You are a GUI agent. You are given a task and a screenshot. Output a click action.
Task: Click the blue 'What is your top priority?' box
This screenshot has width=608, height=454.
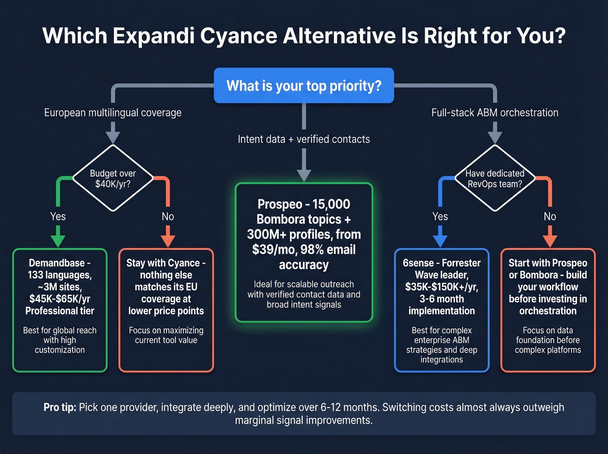304,86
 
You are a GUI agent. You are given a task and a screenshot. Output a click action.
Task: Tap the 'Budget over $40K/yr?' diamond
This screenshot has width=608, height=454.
113,179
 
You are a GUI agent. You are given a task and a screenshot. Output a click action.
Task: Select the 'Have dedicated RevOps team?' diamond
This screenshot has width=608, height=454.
495,179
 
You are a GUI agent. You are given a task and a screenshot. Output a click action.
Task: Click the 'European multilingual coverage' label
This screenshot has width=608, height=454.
113,113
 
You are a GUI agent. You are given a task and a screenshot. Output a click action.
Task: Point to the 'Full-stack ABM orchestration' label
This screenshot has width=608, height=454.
495,113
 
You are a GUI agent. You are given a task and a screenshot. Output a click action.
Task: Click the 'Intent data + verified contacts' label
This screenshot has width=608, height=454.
304,139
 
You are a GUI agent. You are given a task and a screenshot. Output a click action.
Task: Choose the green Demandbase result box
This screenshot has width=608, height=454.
60,310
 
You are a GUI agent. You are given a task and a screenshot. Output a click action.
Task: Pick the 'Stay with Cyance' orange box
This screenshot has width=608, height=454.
166,310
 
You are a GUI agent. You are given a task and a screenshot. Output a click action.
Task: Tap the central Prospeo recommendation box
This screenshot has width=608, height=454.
304,252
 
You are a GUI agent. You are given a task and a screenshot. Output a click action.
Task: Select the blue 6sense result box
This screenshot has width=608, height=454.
442,310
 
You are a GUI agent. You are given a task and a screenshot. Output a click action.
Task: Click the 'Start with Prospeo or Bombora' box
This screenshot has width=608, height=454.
548,310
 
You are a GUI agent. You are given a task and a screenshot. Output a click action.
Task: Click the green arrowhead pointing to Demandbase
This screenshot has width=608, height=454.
58,241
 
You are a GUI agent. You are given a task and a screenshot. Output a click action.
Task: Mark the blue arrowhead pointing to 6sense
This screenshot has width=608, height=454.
440,241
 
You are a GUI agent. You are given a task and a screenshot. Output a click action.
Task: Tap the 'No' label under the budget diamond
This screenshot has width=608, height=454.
168,216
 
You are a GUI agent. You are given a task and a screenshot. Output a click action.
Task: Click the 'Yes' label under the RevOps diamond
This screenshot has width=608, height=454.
440,216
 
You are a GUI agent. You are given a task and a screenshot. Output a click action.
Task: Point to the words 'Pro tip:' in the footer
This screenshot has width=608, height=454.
60,408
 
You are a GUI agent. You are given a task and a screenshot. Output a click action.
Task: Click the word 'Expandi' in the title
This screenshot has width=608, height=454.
154,36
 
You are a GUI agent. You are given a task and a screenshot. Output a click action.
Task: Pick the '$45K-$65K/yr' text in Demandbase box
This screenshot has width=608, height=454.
60,299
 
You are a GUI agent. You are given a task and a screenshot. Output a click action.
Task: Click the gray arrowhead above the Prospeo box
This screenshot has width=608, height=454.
304,175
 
